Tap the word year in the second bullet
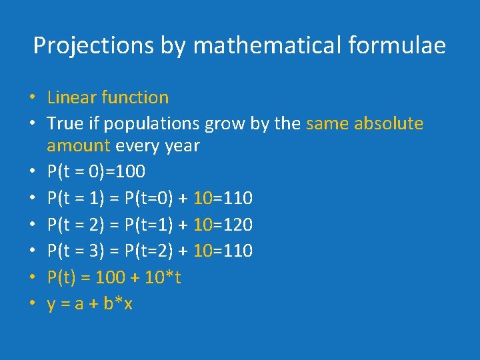coord(181,145)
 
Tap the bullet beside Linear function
coord(33,98)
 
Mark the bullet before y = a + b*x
coord(33,305)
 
